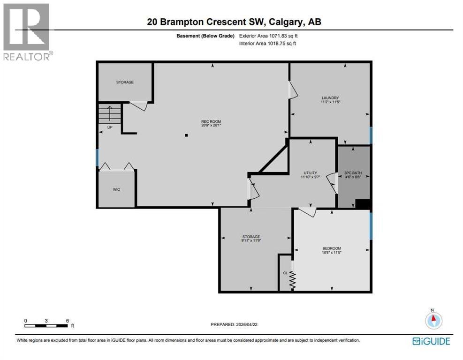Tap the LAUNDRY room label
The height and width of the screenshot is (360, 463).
click(330, 98)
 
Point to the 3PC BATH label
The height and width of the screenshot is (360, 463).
click(354, 173)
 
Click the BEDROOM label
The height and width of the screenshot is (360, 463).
click(331, 248)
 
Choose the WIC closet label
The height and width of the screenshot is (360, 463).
click(116, 190)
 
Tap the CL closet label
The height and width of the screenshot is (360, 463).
click(285, 272)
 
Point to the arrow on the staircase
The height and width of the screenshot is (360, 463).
click(109, 113)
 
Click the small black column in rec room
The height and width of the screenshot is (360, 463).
click(186, 136)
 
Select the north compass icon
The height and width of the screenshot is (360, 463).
click(434, 320)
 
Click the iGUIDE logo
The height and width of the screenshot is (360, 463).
click(431, 341)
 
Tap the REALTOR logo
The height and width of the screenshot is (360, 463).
click(27, 31)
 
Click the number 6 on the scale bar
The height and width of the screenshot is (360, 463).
click(68, 321)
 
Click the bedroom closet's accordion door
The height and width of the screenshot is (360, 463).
click(292, 280)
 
